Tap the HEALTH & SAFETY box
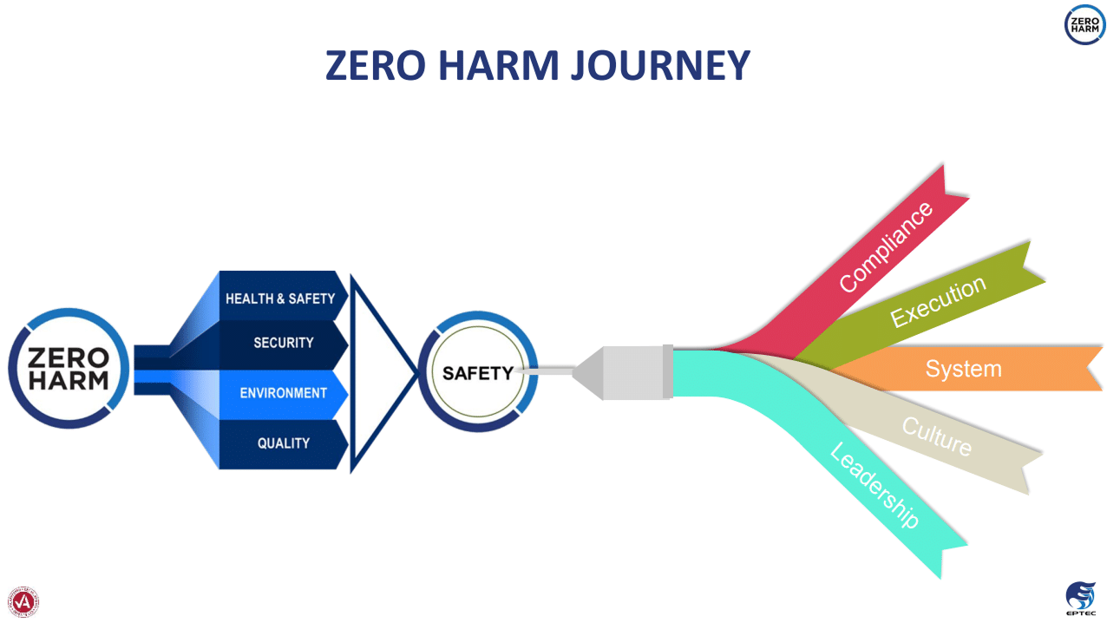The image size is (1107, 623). tap(280, 298)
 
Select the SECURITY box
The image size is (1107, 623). tap(283, 343)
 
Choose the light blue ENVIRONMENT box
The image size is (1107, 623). tap(283, 393)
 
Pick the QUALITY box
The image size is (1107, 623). tap(283, 443)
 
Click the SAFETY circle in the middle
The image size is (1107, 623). tap(478, 373)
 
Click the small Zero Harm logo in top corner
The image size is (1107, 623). tap(1084, 24)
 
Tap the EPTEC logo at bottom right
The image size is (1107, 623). tap(1080, 599)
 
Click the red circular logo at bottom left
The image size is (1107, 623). tap(23, 601)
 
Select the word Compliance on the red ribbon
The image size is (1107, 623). tap(886, 247)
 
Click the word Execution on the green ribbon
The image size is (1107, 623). tap(939, 302)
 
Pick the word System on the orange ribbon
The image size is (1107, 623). tap(963, 369)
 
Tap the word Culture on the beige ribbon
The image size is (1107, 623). tap(937, 436)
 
